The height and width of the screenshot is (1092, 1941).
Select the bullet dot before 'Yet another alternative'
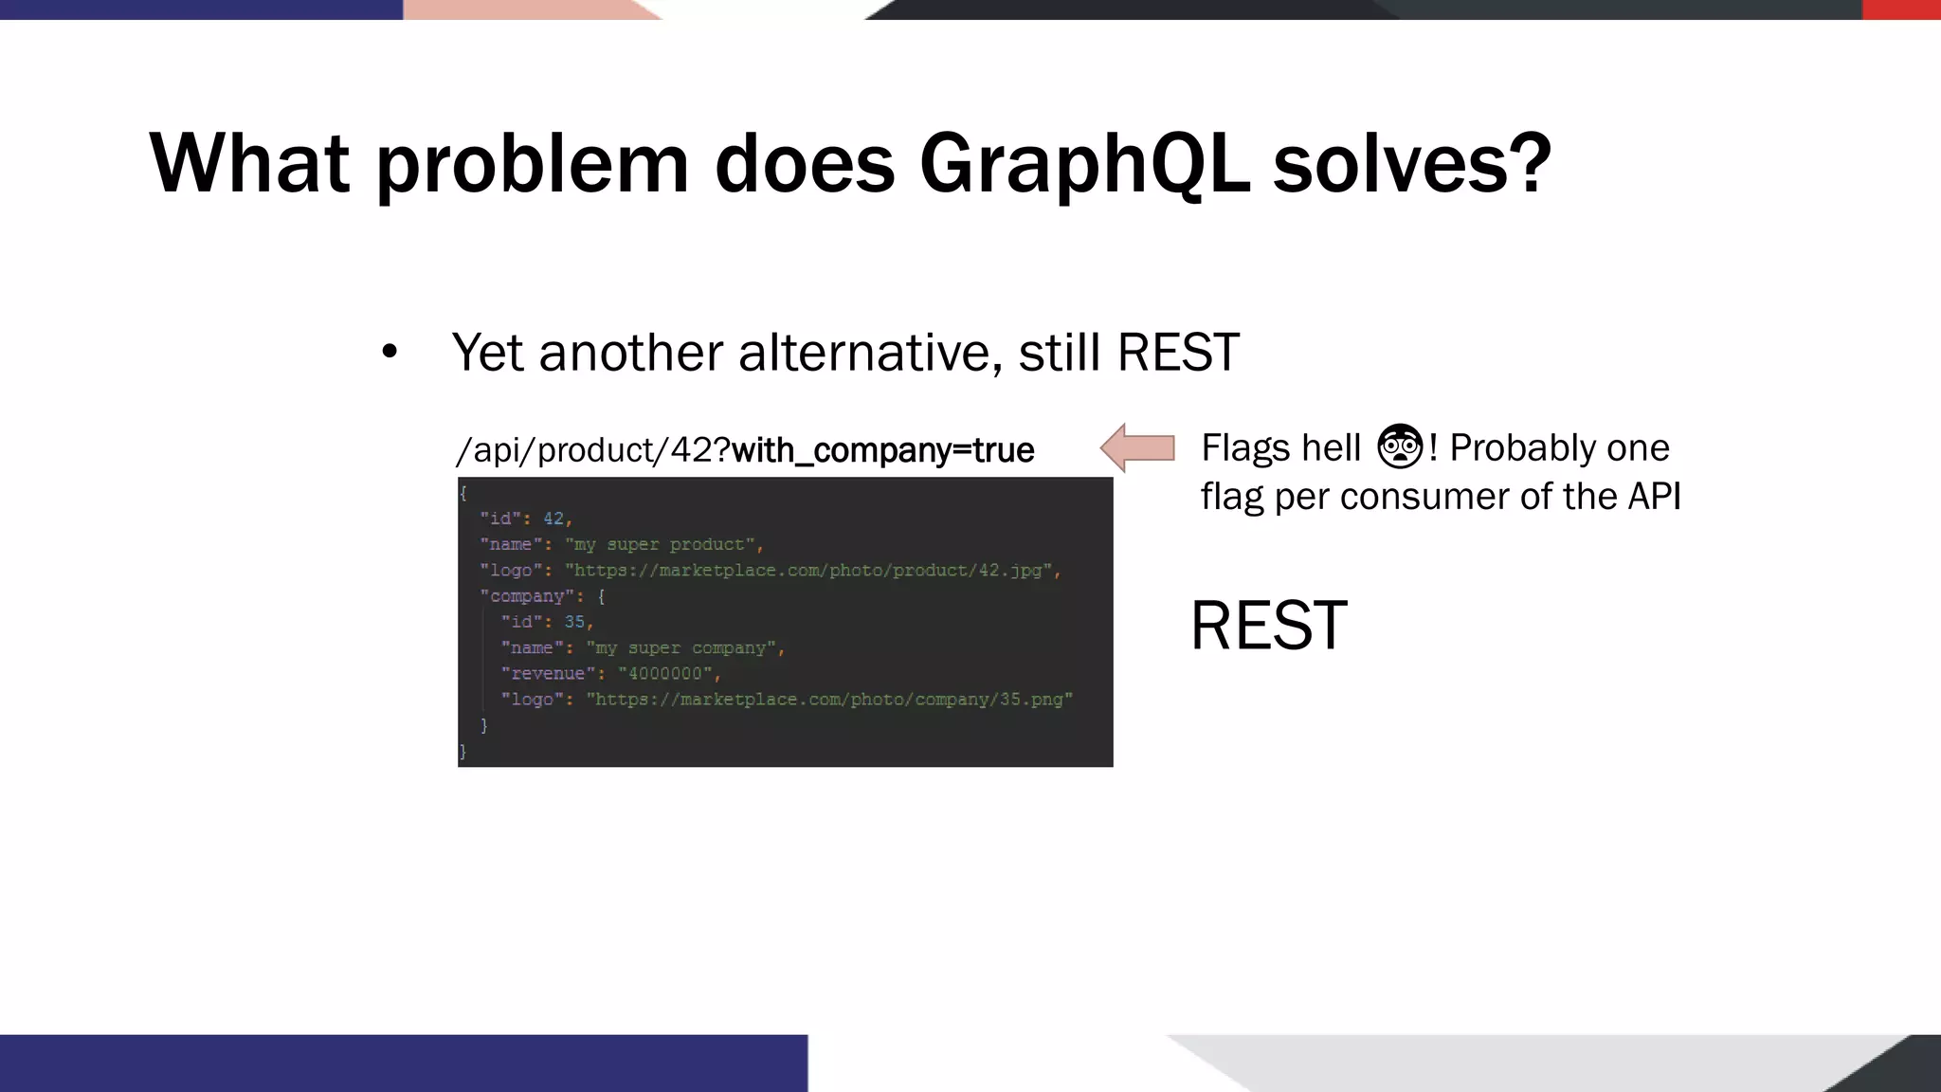click(x=390, y=353)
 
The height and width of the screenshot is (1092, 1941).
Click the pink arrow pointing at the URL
click(x=1137, y=447)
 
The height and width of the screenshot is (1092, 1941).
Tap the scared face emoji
click(x=1400, y=446)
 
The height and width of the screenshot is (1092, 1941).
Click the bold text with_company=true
click(x=882, y=450)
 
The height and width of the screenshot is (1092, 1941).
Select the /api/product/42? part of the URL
click(x=593, y=450)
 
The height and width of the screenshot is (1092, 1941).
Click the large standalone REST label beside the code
click(x=1268, y=626)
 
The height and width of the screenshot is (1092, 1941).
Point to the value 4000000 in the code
click(x=664, y=674)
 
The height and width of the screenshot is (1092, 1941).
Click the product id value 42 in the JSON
click(x=553, y=519)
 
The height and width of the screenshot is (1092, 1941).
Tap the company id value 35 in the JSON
click(x=574, y=622)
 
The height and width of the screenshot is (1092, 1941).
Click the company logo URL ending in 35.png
click(x=829, y=700)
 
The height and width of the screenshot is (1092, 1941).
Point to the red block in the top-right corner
click(x=1901, y=9)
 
